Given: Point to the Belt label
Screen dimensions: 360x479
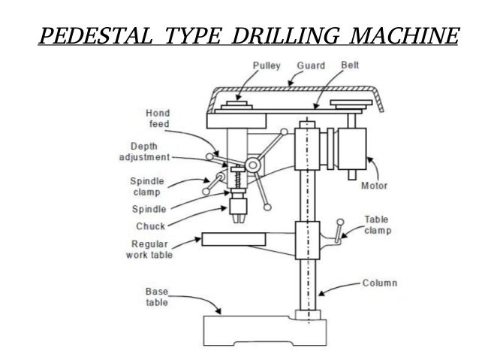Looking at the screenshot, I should (349, 65).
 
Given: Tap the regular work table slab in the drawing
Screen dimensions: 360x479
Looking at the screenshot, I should (233, 241).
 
